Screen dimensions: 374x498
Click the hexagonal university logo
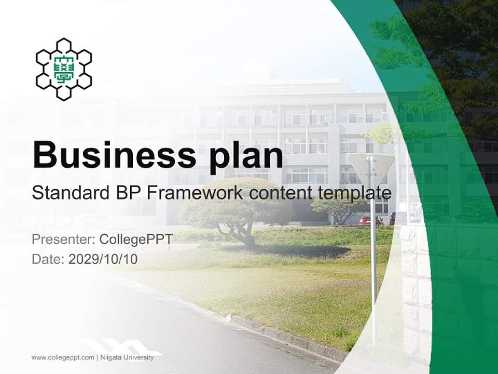coord(63,69)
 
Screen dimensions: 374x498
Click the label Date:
coord(48,259)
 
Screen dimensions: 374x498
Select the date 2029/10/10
coord(103,259)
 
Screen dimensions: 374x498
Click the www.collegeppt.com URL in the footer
coord(63,357)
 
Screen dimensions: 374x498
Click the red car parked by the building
coord(370,220)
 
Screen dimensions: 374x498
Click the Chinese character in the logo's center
coord(63,69)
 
